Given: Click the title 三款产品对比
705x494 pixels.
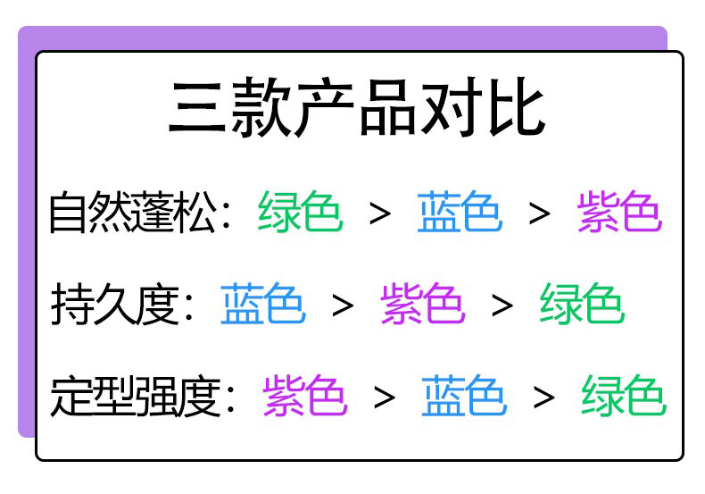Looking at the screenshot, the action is click(x=357, y=110).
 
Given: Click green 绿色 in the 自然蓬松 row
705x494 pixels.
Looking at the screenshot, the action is click(x=301, y=213).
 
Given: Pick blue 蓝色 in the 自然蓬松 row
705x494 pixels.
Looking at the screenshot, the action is click(x=459, y=213).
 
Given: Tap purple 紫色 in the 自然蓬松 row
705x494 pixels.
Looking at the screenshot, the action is click(x=618, y=213).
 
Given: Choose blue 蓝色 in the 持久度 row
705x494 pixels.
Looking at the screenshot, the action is click(x=262, y=304).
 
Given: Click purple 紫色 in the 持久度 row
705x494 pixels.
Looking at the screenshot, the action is click(x=422, y=304).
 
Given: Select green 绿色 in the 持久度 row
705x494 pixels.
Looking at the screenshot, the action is click(x=581, y=304).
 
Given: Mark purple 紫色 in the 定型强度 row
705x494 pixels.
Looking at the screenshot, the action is click(x=304, y=397).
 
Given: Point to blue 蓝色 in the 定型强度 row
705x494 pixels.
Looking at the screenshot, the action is click(x=464, y=397).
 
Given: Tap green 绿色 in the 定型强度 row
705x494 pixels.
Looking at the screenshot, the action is click(x=623, y=397).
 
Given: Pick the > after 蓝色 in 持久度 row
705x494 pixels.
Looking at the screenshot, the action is click(x=343, y=306).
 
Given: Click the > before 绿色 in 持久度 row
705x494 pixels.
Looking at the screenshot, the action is click(x=502, y=306).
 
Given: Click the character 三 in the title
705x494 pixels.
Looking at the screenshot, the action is click(x=196, y=110).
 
